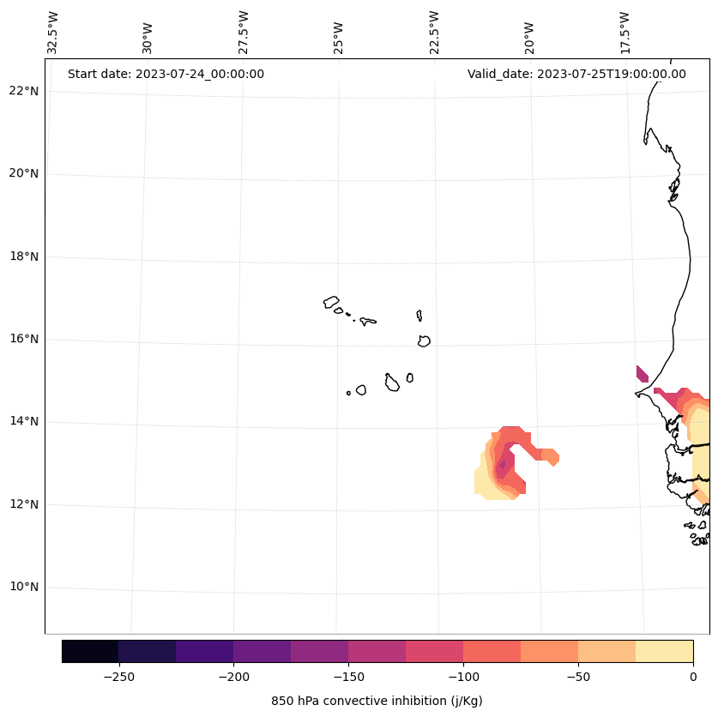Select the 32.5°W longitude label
[53, 33]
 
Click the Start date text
[166, 74]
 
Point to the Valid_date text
[576, 74]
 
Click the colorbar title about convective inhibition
[377, 701]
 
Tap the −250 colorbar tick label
[118, 677]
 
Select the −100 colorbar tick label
[463, 677]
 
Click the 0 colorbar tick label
[693, 677]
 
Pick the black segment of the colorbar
[90, 651]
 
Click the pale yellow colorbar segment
[664, 651]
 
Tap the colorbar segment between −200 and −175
[262, 651]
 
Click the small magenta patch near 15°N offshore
[642, 373]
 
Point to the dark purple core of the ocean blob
[502, 464]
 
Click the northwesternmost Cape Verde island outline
[331, 302]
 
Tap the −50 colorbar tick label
[578, 677]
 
